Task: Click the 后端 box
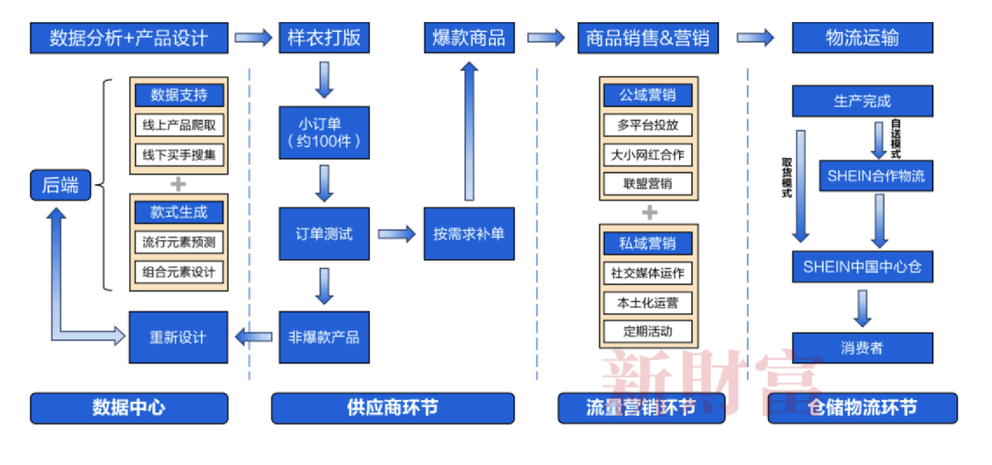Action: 60,185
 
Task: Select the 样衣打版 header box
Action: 324,38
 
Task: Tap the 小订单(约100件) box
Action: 324,133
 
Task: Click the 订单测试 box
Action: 324,234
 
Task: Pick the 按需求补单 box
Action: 469,234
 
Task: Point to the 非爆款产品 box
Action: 324,337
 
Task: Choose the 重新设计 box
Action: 178,337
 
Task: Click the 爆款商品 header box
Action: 469,38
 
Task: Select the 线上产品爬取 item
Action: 179,125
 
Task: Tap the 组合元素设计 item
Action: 179,272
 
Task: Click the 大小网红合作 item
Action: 648,155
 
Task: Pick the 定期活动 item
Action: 648,331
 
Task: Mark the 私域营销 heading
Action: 648,243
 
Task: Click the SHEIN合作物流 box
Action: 876,176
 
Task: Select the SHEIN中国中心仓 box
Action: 862,267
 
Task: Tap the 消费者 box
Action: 862,348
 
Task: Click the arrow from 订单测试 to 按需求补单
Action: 397,234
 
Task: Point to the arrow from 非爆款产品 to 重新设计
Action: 254,337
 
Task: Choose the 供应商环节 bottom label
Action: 392,408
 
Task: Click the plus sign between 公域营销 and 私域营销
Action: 650,213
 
